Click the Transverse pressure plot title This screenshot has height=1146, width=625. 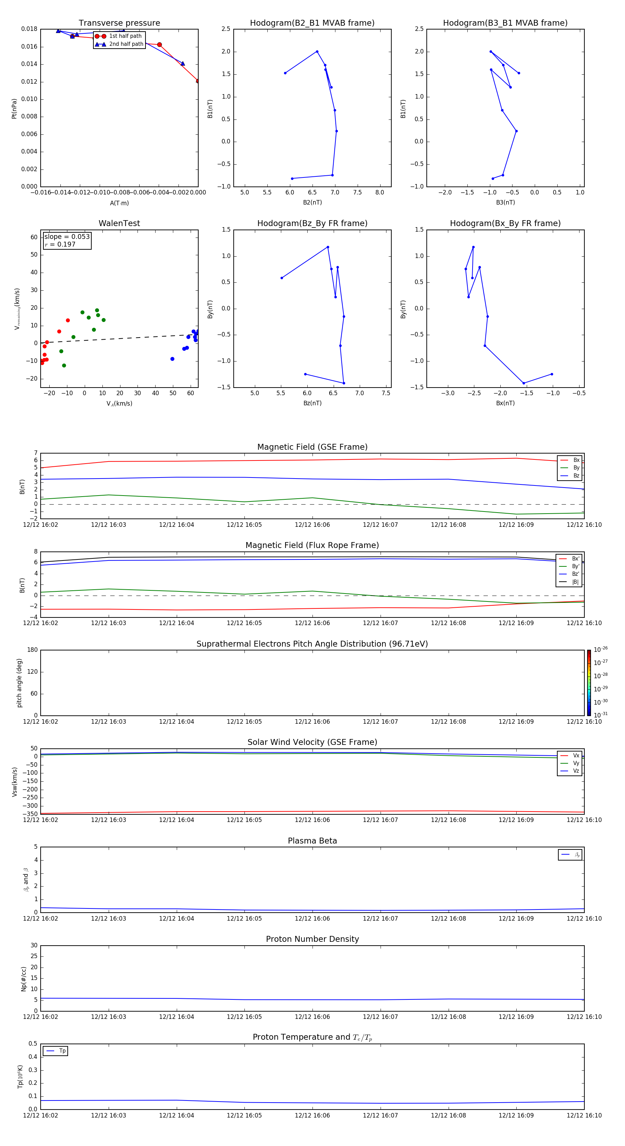point(119,23)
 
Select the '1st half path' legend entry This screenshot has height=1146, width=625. point(125,36)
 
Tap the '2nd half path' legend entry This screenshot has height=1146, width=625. point(126,44)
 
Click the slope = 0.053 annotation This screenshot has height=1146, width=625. point(67,237)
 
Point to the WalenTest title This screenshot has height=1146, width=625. point(119,223)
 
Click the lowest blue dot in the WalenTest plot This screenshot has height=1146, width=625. point(172,359)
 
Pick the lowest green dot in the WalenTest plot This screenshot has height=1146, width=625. point(64,366)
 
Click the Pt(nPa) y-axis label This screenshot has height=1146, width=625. point(14,109)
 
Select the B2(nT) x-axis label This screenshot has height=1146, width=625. point(312,202)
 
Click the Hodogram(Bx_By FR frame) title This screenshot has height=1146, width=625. point(505,223)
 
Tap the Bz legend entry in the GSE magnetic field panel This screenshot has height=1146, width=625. point(576,475)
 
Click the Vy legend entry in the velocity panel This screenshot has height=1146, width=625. point(576,763)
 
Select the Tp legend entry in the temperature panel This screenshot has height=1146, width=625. point(62,1051)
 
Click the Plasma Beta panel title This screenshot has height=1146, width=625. point(312,841)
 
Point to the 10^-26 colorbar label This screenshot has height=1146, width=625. point(601,649)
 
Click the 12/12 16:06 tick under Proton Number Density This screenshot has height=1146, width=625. point(312,1016)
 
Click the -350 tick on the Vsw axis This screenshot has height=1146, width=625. point(31,814)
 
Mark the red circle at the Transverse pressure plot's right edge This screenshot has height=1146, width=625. point(198,81)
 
